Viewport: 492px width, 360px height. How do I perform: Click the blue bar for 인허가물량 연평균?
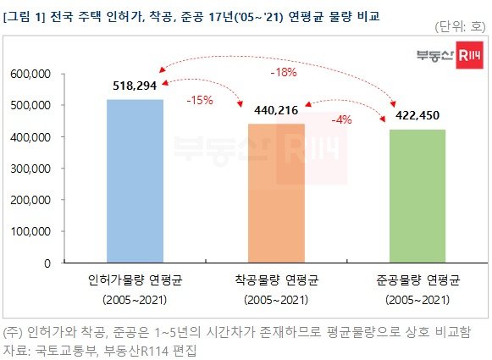tap(135, 181)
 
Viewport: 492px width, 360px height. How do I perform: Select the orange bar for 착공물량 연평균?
tap(276, 193)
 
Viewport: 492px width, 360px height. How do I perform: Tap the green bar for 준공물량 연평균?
tap(417, 196)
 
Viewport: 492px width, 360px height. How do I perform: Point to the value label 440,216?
tap(277, 111)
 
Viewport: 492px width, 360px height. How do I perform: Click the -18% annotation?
tap(282, 72)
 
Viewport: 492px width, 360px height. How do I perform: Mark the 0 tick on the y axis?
tap(49, 263)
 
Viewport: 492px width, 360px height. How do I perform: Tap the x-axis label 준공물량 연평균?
tap(417, 280)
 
